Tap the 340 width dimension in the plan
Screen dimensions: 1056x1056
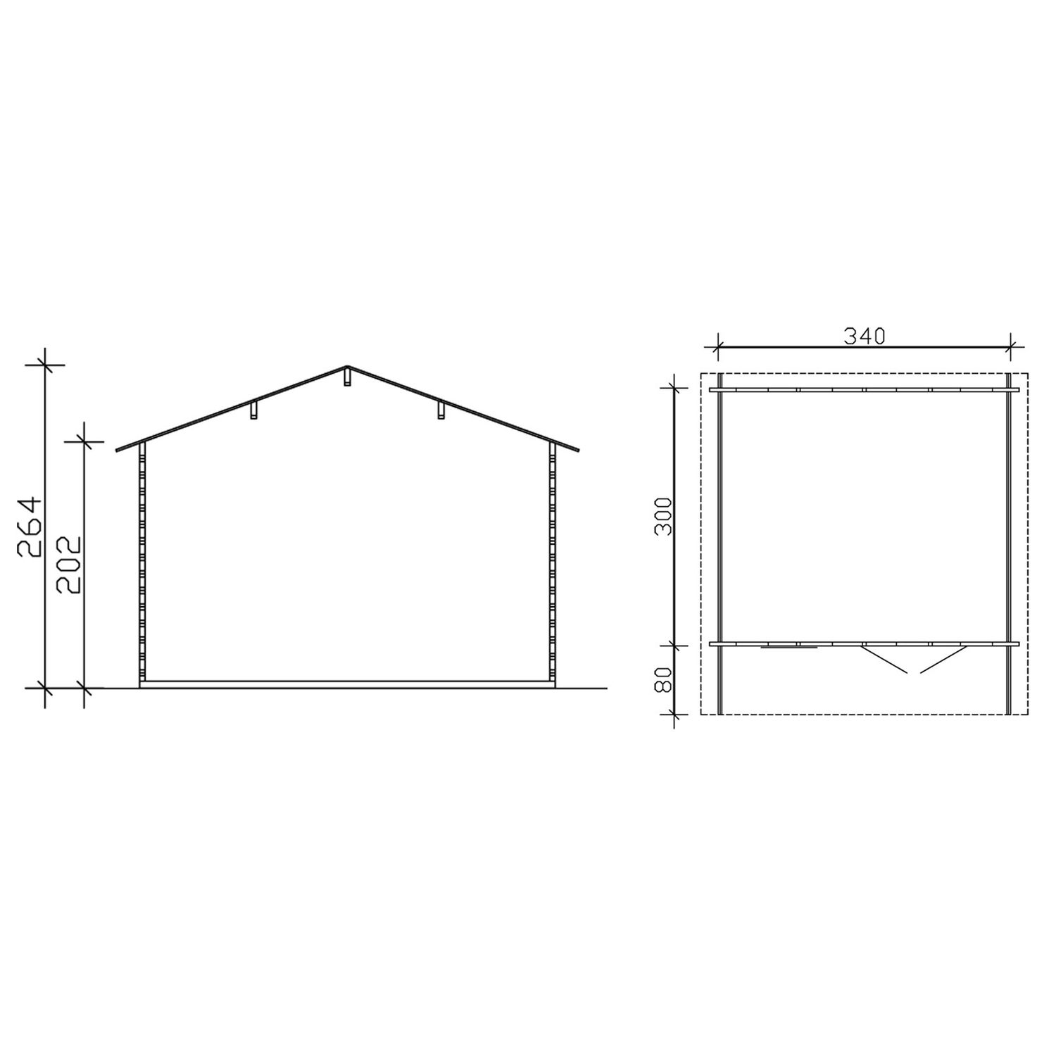(864, 337)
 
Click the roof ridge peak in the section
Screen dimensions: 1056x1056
(347, 366)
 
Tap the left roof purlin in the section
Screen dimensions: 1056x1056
(255, 410)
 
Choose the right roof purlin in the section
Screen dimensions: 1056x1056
(440, 410)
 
